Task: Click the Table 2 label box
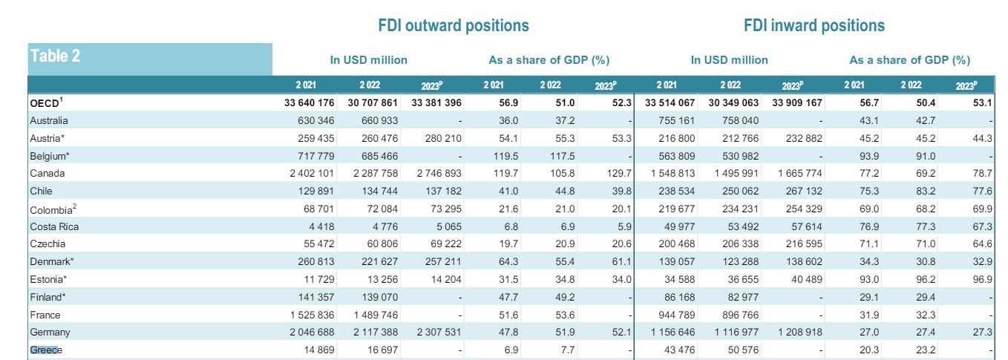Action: [x=150, y=58]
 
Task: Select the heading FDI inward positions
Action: [x=814, y=25]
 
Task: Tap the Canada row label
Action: [x=48, y=173]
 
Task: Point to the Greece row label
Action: [x=46, y=350]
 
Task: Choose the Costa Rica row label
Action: [x=54, y=226]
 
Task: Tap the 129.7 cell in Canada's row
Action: [x=618, y=173]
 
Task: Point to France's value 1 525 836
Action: [x=305, y=315]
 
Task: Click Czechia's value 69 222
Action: [x=442, y=244]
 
